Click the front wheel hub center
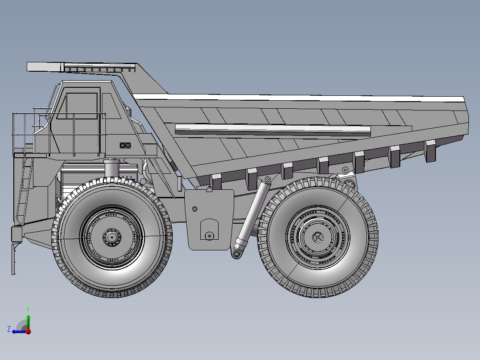(x=111, y=237)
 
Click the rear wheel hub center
(x=317, y=237)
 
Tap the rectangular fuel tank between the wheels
(x=209, y=218)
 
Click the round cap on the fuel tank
(x=209, y=236)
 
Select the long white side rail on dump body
(x=273, y=130)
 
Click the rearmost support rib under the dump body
(x=430, y=151)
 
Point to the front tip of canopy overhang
(x=28, y=66)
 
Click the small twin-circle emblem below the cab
(x=125, y=145)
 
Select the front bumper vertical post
(x=13, y=258)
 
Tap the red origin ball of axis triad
(x=28, y=331)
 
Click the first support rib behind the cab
(x=216, y=181)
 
